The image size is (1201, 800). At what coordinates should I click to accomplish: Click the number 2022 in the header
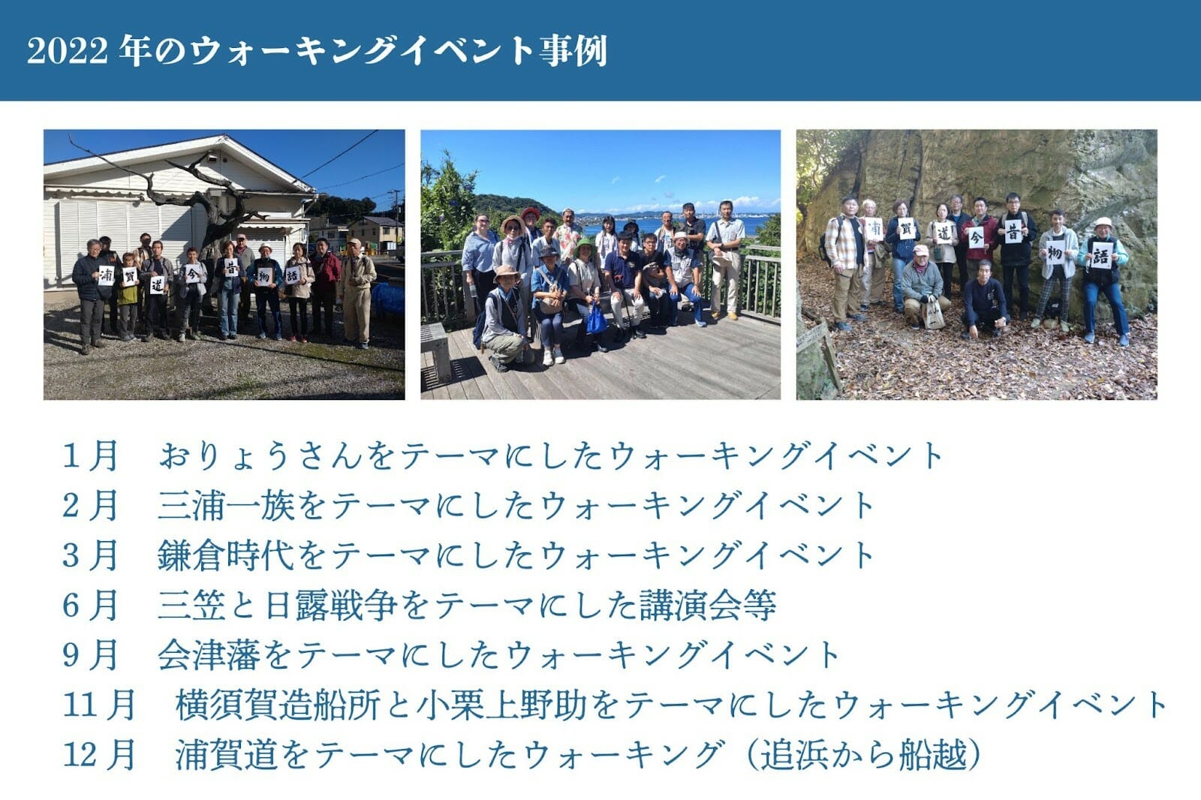pyautogui.click(x=67, y=52)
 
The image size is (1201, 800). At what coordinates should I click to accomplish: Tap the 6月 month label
pyautogui.click(x=89, y=606)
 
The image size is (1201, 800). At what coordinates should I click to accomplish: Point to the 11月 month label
pyautogui.click(x=98, y=705)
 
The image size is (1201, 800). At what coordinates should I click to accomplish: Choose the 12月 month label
pyautogui.click(x=98, y=754)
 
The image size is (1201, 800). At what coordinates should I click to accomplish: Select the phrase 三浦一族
pyautogui.click(x=226, y=506)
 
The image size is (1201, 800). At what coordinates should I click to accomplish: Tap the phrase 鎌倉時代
pyautogui.click(x=226, y=555)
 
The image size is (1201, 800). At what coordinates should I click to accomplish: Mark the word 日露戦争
pyautogui.click(x=331, y=606)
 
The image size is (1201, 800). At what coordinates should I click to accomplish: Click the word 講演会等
pyautogui.click(x=708, y=606)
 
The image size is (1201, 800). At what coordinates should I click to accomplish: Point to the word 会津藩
pyautogui.click(x=209, y=655)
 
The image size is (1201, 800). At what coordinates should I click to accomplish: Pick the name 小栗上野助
pyautogui.click(x=501, y=705)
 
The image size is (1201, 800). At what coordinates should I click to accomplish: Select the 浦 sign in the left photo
pyautogui.click(x=106, y=275)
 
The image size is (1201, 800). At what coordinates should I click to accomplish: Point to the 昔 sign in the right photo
pyautogui.click(x=1013, y=232)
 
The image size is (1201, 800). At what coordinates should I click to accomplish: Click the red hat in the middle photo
pyautogui.click(x=530, y=213)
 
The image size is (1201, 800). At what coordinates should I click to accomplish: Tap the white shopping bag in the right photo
pyautogui.click(x=933, y=314)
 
